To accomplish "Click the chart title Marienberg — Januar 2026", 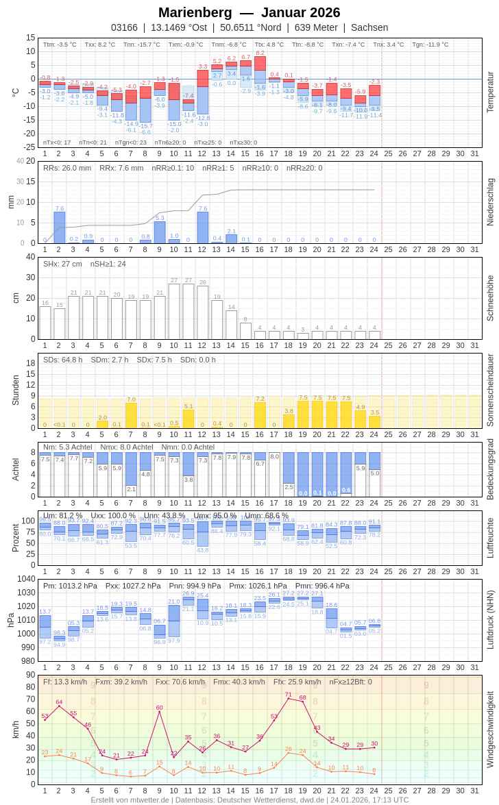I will (x=249, y=12).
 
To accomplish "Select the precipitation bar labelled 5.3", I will (x=160, y=232).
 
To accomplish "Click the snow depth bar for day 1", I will (x=45, y=323).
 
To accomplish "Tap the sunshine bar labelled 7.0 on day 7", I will (x=131, y=415).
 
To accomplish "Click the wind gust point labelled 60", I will (x=160, y=711).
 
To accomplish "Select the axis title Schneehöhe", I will (x=490, y=298).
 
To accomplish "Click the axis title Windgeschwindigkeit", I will (x=490, y=729).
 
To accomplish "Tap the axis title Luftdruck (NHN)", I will (x=490, y=620).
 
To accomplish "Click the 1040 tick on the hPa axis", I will (x=26, y=579).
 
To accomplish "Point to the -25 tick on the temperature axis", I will (x=28, y=147).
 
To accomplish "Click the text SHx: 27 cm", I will (x=62, y=264).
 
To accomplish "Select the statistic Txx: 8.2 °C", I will (x=100, y=45).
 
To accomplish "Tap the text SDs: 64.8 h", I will (x=62, y=360).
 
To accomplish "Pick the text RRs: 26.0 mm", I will (x=67, y=168).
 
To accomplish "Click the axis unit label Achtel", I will (x=15, y=469).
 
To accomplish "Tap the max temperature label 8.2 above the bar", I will (x=260, y=53).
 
